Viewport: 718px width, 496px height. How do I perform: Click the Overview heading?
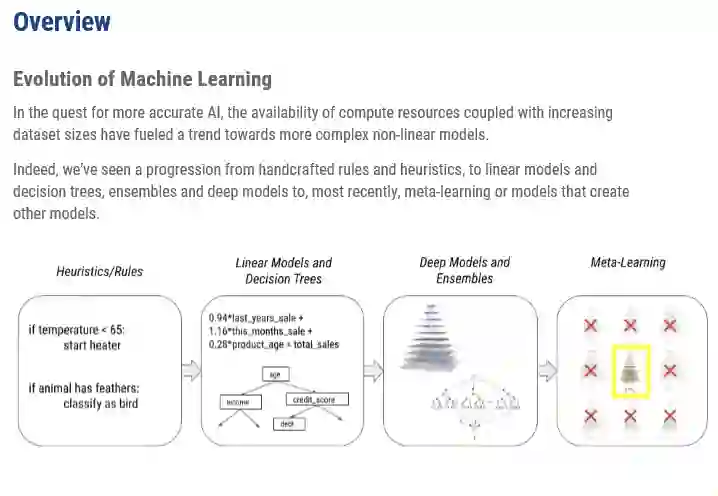(x=62, y=21)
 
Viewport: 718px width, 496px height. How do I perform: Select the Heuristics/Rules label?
(x=99, y=271)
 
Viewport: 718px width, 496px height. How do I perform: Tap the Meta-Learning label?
(x=628, y=263)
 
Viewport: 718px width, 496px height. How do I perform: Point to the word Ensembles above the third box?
(x=464, y=279)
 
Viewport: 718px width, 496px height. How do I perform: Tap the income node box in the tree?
(x=241, y=402)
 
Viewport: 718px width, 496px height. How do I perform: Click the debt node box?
(x=286, y=424)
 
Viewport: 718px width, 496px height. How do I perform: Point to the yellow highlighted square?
(x=630, y=369)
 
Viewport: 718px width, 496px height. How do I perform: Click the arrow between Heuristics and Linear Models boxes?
(x=190, y=371)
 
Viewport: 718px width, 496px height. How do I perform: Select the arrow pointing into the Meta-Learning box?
(x=547, y=371)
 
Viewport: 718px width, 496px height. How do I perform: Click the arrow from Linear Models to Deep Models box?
(x=372, y=371)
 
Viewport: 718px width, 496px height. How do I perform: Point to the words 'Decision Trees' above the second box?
(x=282, y=279)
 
